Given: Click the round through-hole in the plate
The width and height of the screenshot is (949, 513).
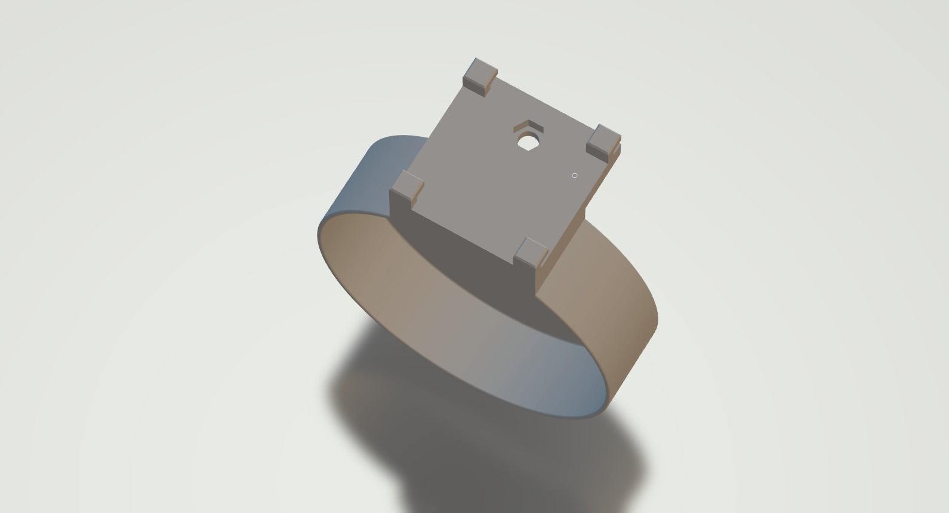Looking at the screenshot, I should pyautogui.click(x=527, y=142).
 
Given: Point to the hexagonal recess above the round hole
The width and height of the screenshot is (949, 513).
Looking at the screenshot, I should pyautogui.click(x=528, y=127).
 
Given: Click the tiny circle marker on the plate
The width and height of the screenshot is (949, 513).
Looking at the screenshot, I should pyautogui.click(x=574, y=176).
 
